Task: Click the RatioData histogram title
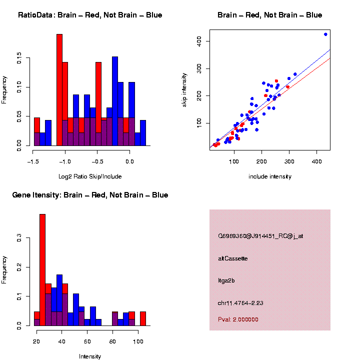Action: (90, 15)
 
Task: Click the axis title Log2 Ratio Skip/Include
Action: (90, 176)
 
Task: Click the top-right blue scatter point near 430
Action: (325, 34)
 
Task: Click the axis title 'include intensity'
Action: (270, 176)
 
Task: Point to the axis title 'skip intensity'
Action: (184, 96)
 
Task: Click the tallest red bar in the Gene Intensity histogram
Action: (42, 270)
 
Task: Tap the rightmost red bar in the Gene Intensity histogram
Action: (143, 318)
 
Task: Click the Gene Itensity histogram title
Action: (90, 195)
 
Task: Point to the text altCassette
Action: (232, 258)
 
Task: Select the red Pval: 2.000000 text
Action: (238, 319)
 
